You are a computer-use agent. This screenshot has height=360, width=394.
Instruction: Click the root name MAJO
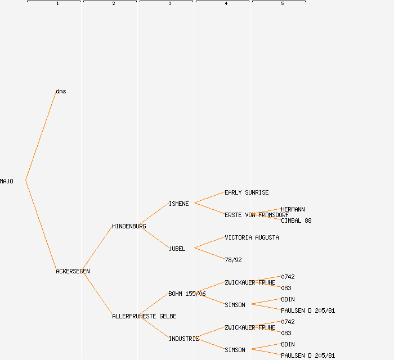7,181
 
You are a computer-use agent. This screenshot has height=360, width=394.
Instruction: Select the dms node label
61,91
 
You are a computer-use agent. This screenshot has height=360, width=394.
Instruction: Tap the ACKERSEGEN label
73,271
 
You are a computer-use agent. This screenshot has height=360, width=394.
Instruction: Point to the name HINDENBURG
129,226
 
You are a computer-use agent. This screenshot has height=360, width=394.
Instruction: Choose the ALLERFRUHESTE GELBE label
144,316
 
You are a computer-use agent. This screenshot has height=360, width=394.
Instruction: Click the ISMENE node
178,204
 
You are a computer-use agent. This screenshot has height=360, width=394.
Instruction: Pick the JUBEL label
177,249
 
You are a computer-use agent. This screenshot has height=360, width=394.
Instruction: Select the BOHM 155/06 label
187,294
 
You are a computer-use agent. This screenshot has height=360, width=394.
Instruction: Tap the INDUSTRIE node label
183,339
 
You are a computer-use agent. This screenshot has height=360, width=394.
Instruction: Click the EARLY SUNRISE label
247,192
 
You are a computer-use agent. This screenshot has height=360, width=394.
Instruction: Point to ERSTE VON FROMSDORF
257,215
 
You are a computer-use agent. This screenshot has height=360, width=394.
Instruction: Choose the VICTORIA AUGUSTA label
252,237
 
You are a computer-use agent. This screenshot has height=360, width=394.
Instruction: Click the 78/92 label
233,260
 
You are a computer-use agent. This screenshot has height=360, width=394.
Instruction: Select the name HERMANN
293,209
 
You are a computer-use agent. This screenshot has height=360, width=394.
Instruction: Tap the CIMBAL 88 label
296,220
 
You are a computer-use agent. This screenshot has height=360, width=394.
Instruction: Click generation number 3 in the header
169,4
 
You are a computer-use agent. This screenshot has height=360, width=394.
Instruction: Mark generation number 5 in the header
282,4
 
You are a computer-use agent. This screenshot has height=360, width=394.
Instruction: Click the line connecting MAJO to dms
41,136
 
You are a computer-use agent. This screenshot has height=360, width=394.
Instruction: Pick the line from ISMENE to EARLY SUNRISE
209,197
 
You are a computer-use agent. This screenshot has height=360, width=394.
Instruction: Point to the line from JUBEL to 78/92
209,254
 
